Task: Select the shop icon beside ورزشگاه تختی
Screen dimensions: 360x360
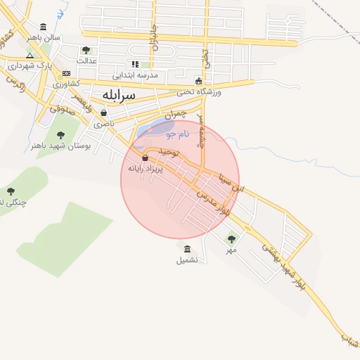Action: click(199, 80)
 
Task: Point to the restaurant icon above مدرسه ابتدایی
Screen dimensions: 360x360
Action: click(135, 64)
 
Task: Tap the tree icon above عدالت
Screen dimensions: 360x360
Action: click(86, 50)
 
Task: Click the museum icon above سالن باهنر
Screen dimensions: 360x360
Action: click(44, 26)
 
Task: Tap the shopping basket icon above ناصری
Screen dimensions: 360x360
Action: click(104, 112)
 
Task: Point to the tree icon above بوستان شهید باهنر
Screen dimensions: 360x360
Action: click(60, 134)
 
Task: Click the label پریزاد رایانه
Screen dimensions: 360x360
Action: click(145, 169)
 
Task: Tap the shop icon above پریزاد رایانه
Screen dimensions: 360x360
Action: click(145, 157)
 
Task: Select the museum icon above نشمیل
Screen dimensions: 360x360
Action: click(187, 249)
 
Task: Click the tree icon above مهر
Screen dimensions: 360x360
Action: click(231, 239)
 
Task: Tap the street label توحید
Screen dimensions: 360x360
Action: click(170, 152)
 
